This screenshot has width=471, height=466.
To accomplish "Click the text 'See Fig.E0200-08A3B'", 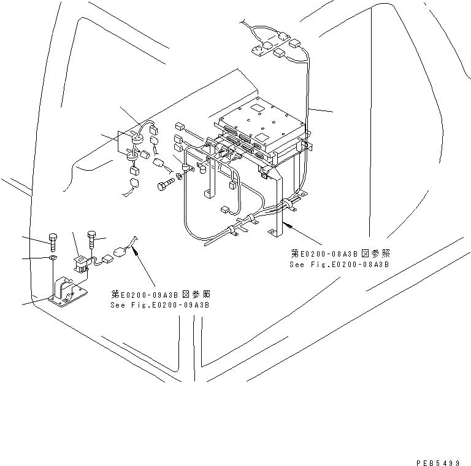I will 339,265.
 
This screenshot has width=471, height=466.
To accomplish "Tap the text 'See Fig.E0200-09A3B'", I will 160,305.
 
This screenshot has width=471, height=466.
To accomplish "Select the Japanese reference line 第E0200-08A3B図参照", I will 341,254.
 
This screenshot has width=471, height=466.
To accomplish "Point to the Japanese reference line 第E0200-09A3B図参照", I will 161,294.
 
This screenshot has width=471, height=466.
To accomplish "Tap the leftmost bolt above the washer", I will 53,241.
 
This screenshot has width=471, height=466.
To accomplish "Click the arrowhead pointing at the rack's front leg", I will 286,225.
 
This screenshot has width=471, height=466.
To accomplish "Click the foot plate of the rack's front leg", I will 274,233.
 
